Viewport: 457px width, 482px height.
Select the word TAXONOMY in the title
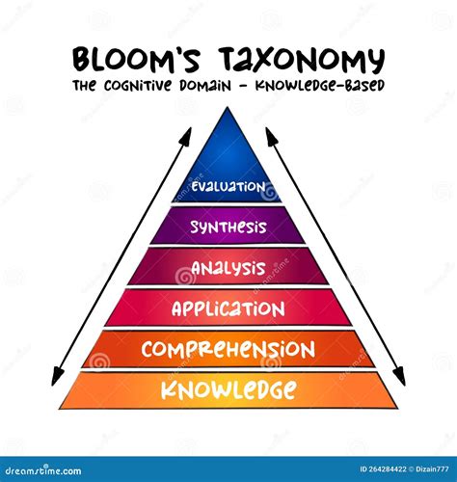302,60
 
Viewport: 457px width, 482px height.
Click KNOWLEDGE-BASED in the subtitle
320,86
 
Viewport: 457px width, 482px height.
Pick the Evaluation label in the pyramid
228,186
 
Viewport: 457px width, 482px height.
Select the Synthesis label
228,227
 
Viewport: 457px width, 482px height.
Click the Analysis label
228,268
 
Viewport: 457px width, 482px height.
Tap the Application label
228,308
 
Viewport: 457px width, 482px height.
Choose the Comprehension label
228,349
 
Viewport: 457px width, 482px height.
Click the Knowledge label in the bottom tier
228,389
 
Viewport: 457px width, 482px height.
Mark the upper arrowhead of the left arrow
187,135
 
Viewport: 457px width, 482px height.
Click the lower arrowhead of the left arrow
57,378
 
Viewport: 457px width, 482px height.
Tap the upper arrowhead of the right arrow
269,135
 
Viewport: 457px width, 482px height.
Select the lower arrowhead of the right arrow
400,377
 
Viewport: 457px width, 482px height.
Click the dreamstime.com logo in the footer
43,470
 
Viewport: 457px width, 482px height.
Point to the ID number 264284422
383,469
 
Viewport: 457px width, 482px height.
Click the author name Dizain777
432,469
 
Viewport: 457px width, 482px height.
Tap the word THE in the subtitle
84,86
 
